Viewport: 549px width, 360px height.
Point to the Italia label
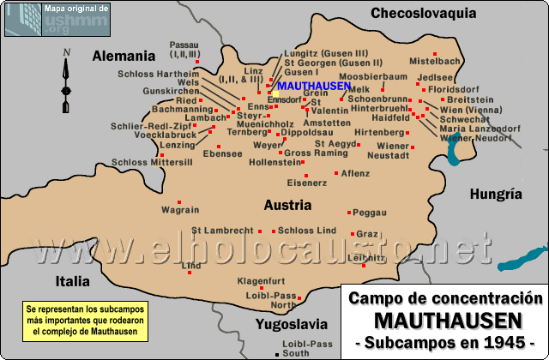72,280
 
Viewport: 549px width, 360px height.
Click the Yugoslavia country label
291,324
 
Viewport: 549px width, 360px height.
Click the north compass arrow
65,81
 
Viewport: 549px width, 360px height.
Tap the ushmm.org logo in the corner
57,19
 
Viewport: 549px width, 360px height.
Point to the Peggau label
370,212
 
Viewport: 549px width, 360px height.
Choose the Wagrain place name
180,209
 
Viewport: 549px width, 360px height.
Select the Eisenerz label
307,183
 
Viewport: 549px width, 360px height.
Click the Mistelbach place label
435,62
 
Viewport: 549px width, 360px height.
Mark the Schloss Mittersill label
152,161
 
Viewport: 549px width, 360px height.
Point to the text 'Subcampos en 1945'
444,342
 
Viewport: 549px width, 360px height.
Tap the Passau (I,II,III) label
184,48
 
